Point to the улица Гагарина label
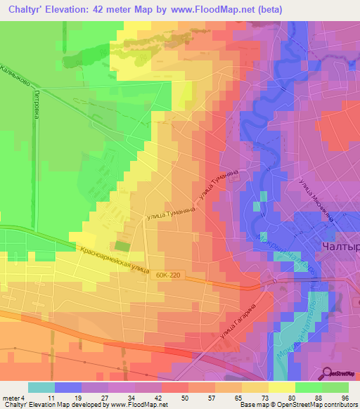pos(237,323)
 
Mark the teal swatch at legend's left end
pos(41,387)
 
